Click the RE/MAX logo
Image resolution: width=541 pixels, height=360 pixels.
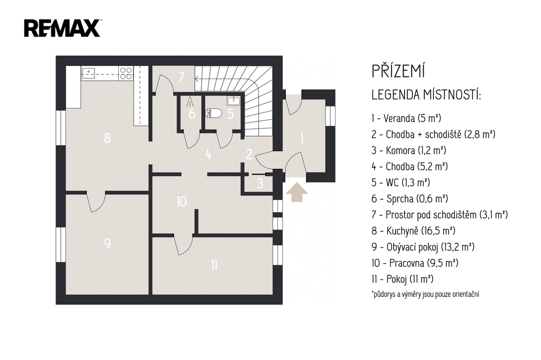[x=62, y=28]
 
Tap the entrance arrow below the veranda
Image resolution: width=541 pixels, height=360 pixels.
[x=297, y=193]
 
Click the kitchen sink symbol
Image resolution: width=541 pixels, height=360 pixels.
[x=89, y=72]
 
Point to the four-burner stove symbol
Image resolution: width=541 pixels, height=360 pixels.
[x=126, y=73]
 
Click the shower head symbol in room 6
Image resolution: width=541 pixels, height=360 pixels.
[x=190, y=101]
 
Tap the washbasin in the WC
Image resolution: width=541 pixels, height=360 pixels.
[x=234, y=101]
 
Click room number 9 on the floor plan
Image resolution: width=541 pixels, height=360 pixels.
[x=107, y=243]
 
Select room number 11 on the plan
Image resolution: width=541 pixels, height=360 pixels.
[x=214, y=265]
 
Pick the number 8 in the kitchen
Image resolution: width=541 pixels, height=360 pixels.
[x=107, y=138]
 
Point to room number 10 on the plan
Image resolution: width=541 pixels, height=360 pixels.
[x=182, y=202]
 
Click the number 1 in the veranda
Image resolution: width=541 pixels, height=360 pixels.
[x=302, y=138]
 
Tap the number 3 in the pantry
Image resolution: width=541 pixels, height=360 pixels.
[x=260, y=184]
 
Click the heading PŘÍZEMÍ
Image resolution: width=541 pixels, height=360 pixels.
[x=398, y=71]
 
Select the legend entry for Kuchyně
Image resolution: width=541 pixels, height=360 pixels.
[x=413, y=231]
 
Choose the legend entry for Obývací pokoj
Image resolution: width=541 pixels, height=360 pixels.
[x=423, y=247]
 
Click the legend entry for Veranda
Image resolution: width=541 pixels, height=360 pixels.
[x=406, y=118]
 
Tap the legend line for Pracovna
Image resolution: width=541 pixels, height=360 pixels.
[x=415, y=263]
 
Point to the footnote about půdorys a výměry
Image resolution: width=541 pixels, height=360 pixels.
[x=425, y=294]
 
